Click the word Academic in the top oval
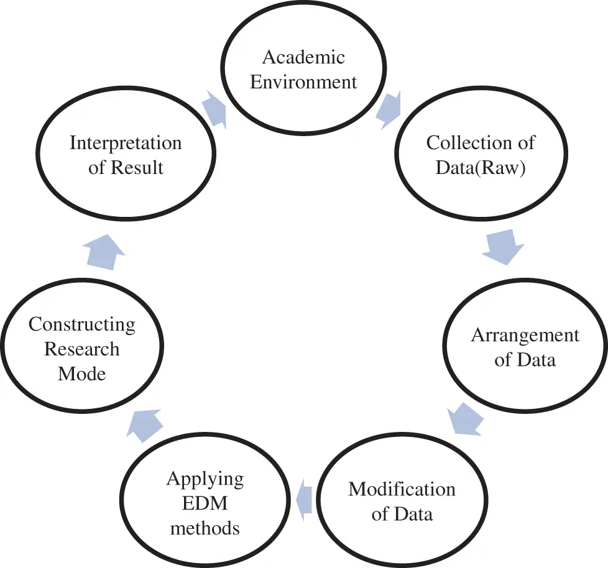[303, 57]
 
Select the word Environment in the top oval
[303, 82]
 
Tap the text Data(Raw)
[481, 168]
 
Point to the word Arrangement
[525, 336]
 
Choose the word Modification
[402, 489]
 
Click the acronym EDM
[205, 503]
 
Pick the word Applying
[205, 479]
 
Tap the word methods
[205, 528]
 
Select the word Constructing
[82, 324]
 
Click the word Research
[82, 349]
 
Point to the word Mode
[82, 373]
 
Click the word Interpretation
[126, 143]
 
